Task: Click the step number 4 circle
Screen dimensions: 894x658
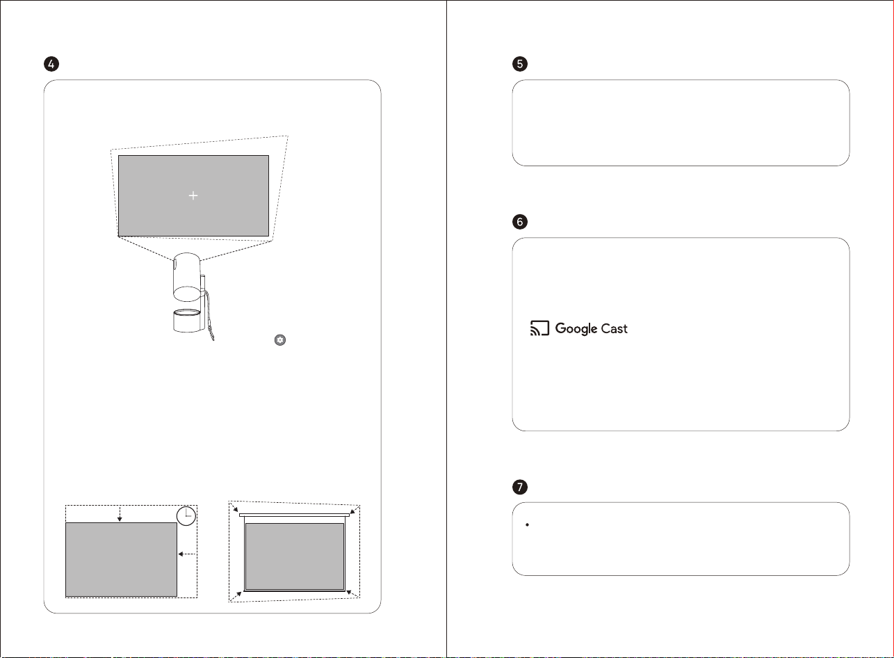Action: coord(51,64)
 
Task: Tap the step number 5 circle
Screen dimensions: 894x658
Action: coord(519,64)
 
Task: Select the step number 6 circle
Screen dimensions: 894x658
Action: coord(519,222)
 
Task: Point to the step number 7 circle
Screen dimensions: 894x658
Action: coord(519,487)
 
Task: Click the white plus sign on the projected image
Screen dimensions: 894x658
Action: coord(193,195)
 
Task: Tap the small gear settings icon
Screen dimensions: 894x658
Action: coord(280,339)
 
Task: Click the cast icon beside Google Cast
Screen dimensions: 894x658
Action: coord(539,328)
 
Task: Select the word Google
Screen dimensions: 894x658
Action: coord(576,328)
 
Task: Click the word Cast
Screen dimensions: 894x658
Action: coord(615,328)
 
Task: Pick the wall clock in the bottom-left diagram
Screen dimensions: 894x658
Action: coord(186,516)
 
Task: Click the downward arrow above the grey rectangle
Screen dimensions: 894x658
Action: coord(120,513)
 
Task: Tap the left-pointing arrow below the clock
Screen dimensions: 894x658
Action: coord(187,554)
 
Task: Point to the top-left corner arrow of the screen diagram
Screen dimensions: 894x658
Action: coord(234,507)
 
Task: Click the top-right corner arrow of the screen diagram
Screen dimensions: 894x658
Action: coord(355,510)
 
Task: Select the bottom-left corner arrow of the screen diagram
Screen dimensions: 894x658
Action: coord(236,597)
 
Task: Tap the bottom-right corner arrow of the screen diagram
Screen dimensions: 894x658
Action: coord(353,594)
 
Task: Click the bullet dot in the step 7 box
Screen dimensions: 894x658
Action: coord(527,524)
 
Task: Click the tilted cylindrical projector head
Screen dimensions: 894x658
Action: coord(187,277)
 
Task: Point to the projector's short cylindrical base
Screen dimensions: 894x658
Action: coord(187,321)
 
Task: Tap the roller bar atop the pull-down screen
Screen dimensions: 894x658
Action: coord(294,515)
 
